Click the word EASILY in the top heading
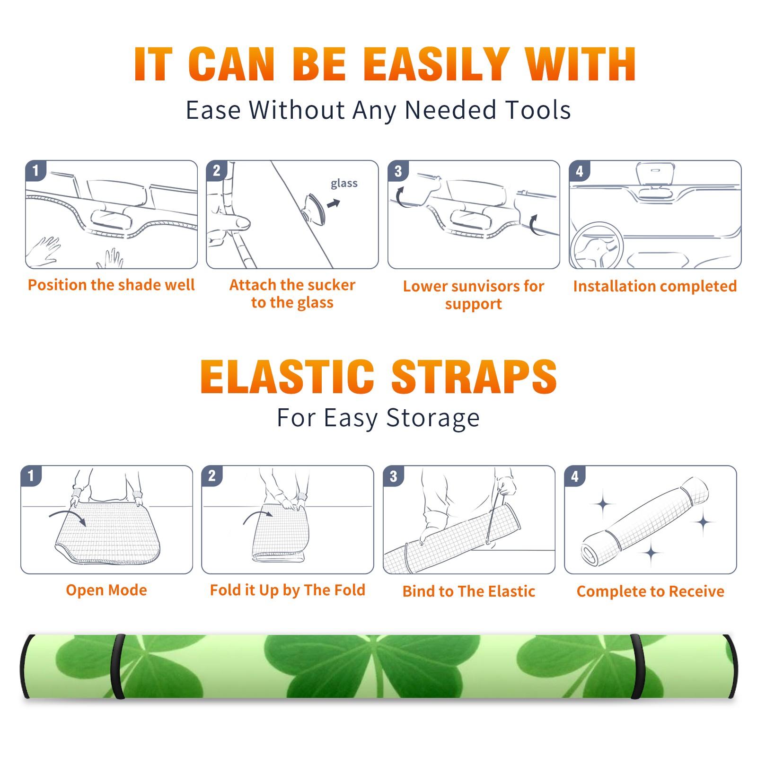437,64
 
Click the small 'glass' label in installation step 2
344,184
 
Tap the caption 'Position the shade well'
111,285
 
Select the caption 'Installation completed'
655,286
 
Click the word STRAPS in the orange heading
474,377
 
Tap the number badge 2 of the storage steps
212,475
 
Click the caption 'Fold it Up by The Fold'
288,590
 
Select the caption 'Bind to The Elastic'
469,591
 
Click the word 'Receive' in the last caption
697,591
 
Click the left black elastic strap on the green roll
117,666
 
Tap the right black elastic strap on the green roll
637,666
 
